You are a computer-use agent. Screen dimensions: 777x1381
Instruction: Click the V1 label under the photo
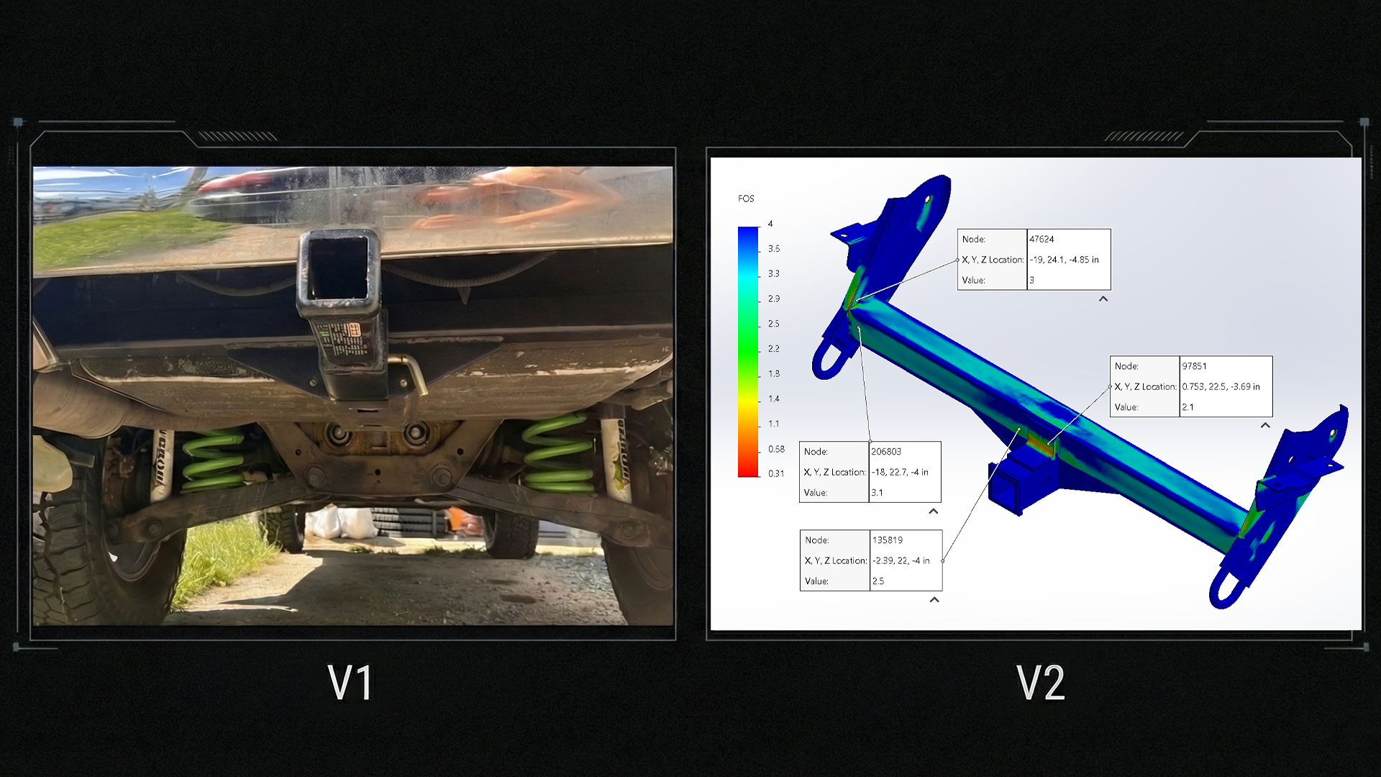(350, 683)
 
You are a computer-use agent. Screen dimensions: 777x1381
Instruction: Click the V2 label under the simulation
(1041, 683)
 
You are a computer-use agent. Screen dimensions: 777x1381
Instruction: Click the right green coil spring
(558, 453)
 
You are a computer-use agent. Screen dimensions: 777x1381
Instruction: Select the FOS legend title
(746, 199)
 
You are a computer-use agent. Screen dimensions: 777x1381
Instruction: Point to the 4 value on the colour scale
(770, 224)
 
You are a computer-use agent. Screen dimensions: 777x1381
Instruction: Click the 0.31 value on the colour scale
(775, 473)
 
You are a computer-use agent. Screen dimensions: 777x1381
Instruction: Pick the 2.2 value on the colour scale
(773, 348)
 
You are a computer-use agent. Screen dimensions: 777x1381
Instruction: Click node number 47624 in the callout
(1042, 239)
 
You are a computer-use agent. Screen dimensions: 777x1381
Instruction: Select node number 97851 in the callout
(1194, 365)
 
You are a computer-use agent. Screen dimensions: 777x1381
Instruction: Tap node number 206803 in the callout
(885, 451)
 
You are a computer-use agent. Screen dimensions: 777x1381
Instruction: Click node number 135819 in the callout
(887, 540)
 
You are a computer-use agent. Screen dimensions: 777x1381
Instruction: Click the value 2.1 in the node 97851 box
(1188, 406)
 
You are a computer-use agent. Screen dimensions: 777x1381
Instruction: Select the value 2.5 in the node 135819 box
(878, 581)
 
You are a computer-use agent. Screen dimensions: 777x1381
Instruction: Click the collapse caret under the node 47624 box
(1103, 299)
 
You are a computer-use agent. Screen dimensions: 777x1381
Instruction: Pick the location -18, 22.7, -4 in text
(900, 472)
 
